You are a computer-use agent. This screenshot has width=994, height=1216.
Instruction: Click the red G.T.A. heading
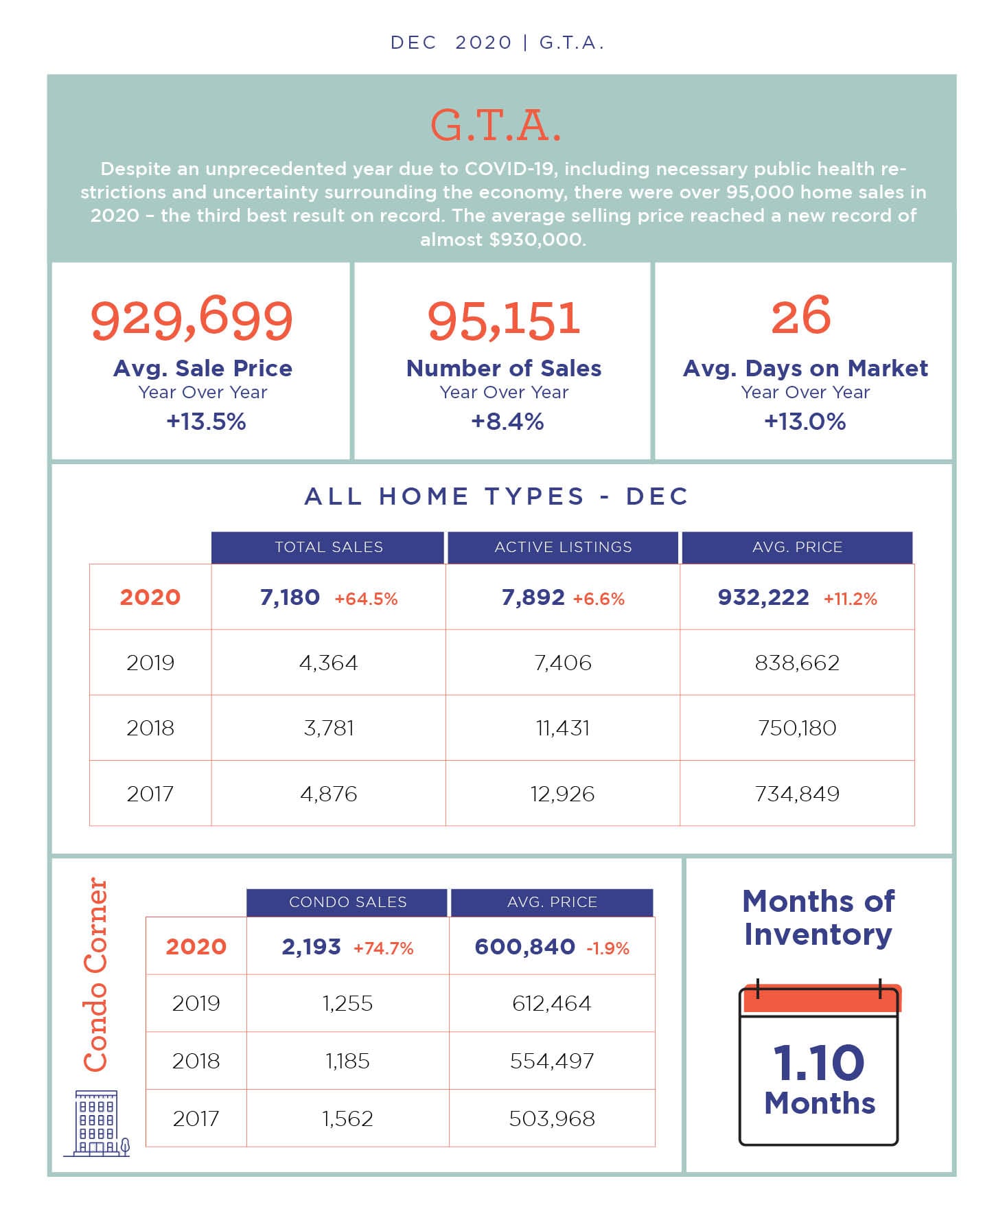click(x=496, y=126)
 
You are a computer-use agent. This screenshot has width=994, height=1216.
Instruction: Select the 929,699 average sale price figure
click(x=192, y=319)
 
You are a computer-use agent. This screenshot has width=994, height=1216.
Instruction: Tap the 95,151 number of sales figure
click(x=504, y=320)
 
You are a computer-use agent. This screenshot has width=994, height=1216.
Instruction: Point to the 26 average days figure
click(x=801, y=315)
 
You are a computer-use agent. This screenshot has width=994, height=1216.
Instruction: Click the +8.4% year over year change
click(x=507, y=421)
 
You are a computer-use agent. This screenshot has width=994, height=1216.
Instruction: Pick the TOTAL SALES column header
click(x=329, y=547)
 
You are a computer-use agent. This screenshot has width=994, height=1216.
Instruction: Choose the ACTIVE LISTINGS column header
click(x=563, y=547)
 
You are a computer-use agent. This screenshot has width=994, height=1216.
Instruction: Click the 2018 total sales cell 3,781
click(x=329, y=728)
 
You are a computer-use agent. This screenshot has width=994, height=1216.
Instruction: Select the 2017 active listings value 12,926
click(x=562, y=794)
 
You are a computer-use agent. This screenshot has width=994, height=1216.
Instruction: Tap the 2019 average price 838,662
click(x=797, y=663)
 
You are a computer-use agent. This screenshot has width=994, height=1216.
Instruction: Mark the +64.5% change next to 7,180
click(x=366, y=599)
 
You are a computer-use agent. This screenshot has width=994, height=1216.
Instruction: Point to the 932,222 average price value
click(x=763, y=597)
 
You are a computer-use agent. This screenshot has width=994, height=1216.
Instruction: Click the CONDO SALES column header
click(x=347, y=902)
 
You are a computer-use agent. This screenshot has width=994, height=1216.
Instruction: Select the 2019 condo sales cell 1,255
click(x=347, y=1003)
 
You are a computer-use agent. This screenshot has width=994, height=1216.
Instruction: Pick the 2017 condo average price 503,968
click(x=552, y=1119)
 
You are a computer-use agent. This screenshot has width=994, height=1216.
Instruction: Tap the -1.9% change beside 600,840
click(x=608, y=948)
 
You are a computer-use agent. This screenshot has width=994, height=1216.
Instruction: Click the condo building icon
click(x=97, y=1123)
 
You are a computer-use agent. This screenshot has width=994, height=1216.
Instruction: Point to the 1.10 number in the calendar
click(x=818, y=1062)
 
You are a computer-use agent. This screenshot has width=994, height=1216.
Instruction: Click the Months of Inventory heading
click(x=818, y=917)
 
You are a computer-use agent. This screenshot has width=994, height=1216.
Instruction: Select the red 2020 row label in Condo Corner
click(x=196, y=946)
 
